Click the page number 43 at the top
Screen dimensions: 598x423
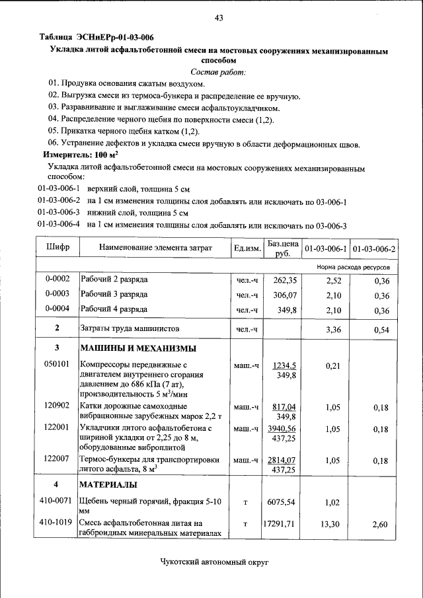[x=219, y=18]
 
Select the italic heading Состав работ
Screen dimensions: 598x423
[x=218, y=71]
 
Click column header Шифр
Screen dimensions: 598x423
[x=57, y=248]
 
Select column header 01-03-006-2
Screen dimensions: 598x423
[x=373, y=249]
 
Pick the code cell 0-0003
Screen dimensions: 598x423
[x=57, y=294]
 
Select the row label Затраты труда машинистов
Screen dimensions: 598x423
[x=130, y=328]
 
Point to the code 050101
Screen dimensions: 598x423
[x=57, y=365]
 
